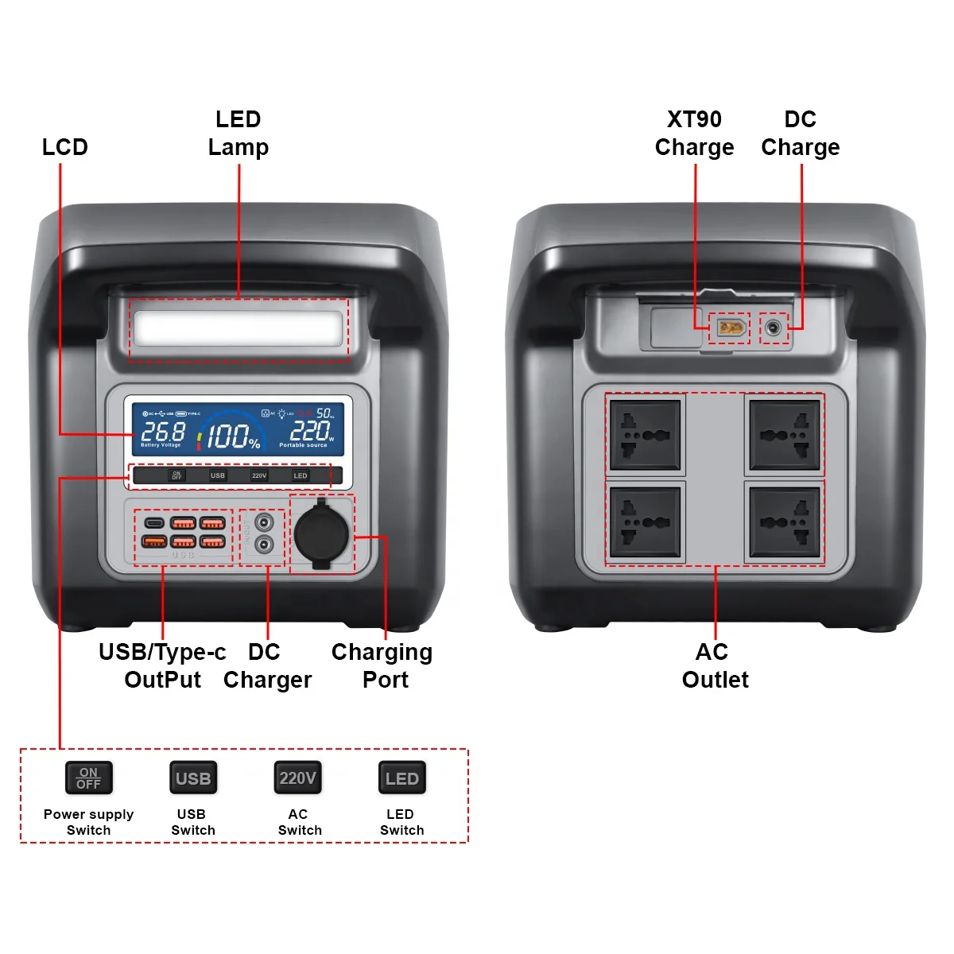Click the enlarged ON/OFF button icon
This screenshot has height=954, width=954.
[x=88, y=778]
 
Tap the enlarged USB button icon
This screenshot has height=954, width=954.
[x=193, y=778]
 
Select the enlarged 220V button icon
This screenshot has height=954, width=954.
[x=297, y=778]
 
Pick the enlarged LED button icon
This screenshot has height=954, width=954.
[x=401, y=778]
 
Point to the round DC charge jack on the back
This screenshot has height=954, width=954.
[x=774, y=328]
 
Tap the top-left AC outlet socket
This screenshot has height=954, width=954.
[x=645, y=435]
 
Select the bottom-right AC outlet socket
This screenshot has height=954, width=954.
[x=784, y=522]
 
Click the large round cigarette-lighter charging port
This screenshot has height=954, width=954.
[x=321, y=533]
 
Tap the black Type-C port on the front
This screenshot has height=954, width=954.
[x=154, y=523]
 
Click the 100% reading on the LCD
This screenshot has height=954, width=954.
[x=232, y=436]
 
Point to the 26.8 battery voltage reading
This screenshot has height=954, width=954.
[x=162, y=431]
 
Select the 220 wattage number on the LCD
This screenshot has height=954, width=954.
[x=309, y=430]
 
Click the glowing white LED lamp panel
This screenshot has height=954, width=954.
[x=238, y=328]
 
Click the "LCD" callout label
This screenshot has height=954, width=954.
[x=65, y=147]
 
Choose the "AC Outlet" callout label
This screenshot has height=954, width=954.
[x=715, y=665]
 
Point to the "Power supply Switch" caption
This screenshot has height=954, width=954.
[x=88, y=822]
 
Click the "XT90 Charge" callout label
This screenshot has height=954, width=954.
[x=694, y=134]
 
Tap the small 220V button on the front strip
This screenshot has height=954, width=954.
[x=259, y=475]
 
